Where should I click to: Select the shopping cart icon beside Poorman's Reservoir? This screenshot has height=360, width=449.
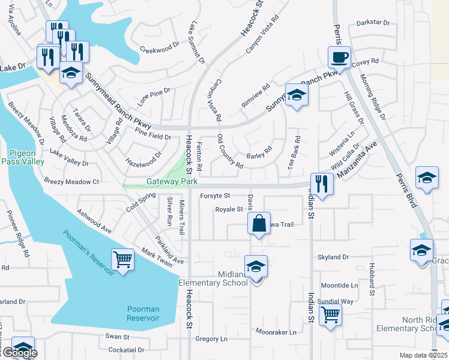click(123, 260)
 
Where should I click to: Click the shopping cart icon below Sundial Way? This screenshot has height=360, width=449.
click(330, 314)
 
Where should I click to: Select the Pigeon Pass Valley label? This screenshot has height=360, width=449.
click(22, 158)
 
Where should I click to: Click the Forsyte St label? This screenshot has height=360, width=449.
click(215, 196)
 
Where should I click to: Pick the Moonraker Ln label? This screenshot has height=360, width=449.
click(276, 332)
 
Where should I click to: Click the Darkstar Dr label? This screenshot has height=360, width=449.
click(373, 23)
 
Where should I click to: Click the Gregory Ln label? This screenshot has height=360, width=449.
click(212, 339)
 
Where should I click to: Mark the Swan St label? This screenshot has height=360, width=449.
click(117, 337)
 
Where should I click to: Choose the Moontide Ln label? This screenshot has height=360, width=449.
click(339, 286)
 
